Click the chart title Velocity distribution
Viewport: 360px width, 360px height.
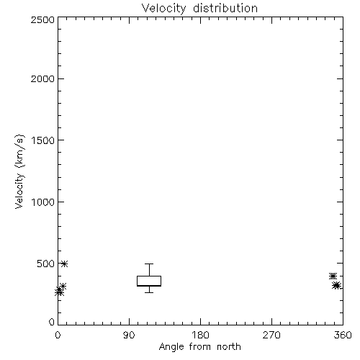199,8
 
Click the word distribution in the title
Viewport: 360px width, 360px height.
225,8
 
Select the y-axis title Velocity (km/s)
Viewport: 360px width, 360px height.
19,171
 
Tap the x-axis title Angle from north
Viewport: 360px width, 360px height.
200,347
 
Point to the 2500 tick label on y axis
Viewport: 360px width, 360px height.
43,19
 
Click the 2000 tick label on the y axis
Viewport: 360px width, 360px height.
43,78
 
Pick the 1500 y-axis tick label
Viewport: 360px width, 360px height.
43,140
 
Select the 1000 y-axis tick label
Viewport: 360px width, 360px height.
43,202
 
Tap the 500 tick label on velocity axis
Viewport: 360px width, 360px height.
46,264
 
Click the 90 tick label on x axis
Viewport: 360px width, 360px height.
129,335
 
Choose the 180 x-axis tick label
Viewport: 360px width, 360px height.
200,335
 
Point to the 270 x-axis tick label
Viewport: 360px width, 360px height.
271,335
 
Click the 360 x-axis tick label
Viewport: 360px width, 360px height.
343,335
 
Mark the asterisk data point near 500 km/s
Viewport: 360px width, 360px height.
64,264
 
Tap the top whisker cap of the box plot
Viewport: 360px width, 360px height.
149,264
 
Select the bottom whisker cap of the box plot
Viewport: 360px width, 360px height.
149,292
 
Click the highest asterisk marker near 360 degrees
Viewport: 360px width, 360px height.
333,276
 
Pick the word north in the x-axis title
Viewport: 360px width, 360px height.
229,347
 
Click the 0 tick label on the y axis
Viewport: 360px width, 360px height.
52,322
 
